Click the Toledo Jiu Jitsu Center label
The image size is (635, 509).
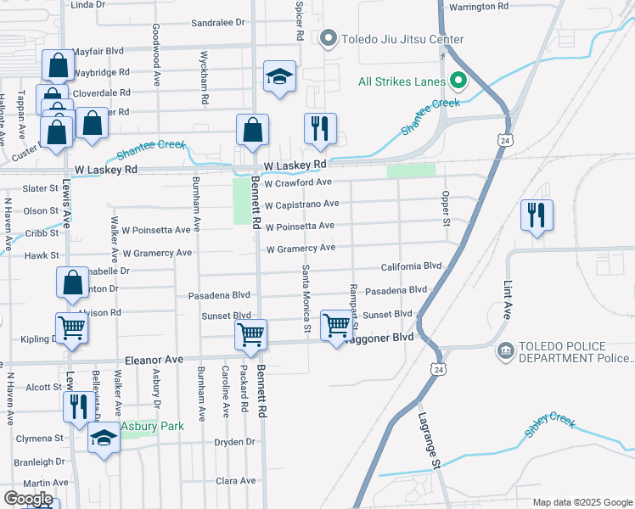coord(402,39)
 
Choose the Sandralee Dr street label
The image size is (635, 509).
coord(217,23)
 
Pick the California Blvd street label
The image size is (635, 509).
coord(412,266)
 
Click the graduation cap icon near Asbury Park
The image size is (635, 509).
coord(104,439)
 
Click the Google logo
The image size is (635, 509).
coord(29,499)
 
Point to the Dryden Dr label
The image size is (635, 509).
coord(236,442)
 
